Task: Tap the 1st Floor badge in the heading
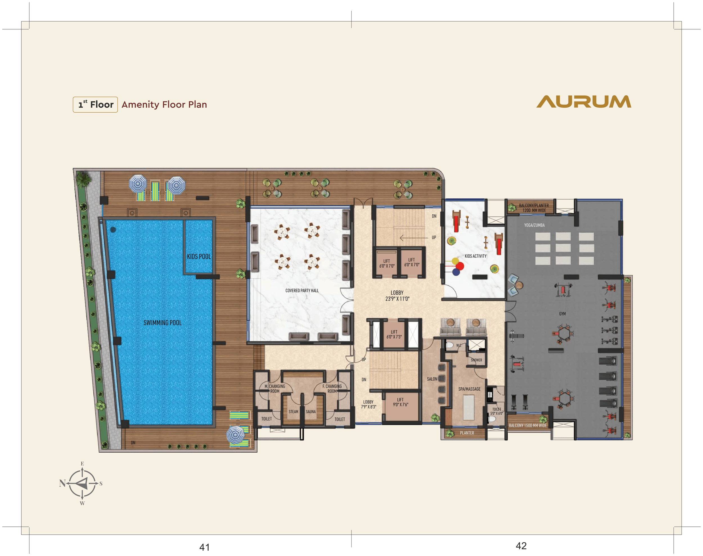95,105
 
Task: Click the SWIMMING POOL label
163,323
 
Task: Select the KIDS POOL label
199,257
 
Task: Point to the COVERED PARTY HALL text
302,291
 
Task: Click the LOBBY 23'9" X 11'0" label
397,296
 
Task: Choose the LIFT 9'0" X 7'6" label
400,402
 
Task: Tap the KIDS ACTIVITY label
475,256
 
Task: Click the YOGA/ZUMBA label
534,225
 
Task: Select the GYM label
562,314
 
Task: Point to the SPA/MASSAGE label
469,389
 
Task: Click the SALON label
432,379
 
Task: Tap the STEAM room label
293,412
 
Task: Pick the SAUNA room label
310,412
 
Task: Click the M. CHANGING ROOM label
275,389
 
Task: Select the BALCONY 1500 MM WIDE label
528,425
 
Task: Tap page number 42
521,546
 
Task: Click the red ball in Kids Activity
460,266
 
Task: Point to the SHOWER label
476,360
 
